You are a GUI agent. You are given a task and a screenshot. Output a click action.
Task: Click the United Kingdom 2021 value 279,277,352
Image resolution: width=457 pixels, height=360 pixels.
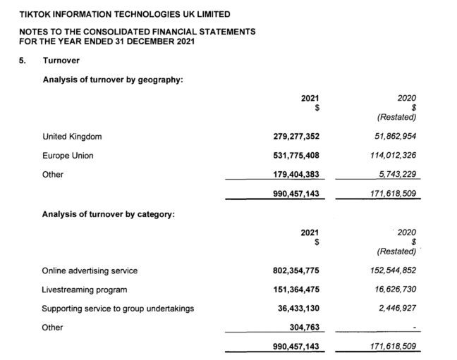pos(296,137)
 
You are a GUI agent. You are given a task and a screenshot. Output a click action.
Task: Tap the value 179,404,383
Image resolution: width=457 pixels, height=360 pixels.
pos(296,175)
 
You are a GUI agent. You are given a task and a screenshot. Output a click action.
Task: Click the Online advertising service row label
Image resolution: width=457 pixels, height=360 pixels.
pos(90,270)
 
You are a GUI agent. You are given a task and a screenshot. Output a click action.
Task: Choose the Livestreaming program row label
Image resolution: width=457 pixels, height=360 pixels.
pos(85,289)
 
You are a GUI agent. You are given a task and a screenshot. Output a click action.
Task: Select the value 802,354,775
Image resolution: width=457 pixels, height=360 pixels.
pos(296,270)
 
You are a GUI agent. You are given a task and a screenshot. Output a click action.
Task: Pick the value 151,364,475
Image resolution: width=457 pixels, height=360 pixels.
pos(296,289)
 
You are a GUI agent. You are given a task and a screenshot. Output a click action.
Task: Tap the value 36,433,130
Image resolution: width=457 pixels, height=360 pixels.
pos(299,308)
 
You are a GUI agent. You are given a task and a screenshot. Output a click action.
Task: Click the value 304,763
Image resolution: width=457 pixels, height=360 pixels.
pos(304,327)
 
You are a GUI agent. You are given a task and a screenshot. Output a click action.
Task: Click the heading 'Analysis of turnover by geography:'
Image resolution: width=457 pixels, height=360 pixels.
pos(113,80)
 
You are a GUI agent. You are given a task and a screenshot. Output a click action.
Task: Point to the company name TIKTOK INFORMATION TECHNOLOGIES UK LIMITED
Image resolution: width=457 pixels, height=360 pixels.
pos(124,14)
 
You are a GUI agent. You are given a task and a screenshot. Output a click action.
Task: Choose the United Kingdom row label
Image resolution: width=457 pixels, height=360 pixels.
pos(72,137)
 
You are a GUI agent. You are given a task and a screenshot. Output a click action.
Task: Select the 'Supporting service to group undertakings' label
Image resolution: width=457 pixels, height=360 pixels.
pos(118,308)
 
